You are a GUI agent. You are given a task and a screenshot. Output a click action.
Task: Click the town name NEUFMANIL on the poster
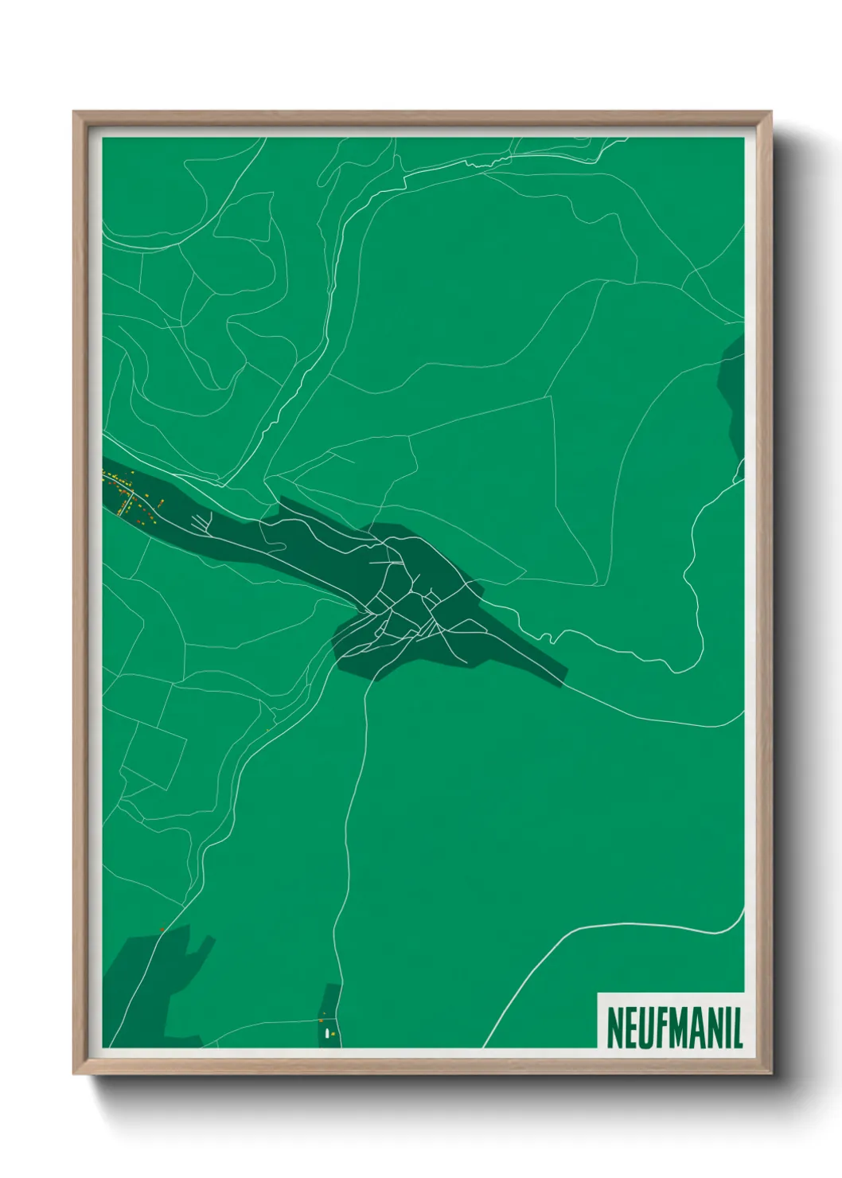(674, 1028)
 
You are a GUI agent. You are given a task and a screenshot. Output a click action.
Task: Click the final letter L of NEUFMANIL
(737, 1028)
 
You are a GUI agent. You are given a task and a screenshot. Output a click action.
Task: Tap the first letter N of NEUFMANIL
(614, 1028)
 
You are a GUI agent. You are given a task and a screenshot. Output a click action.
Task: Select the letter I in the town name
(726, 1028)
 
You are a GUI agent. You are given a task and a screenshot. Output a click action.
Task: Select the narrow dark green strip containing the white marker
(329, 1015)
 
